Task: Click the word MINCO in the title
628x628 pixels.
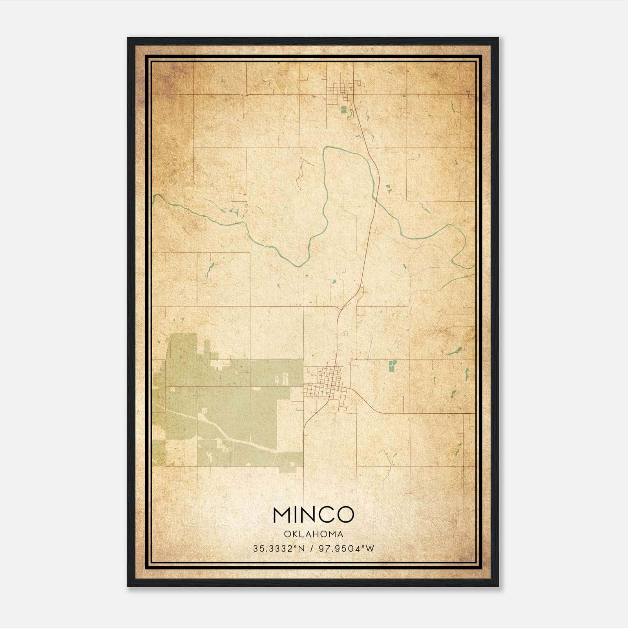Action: pos(313,515)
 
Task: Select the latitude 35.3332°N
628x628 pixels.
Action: pos(279,548)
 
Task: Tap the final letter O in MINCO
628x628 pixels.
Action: pos(345,515)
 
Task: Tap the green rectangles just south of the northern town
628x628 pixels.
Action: pos(344,110)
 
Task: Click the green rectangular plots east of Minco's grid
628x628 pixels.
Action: pos(392,366)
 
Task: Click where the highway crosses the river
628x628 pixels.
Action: pos(374,198)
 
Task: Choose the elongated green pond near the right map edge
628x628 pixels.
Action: pos(455,351)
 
